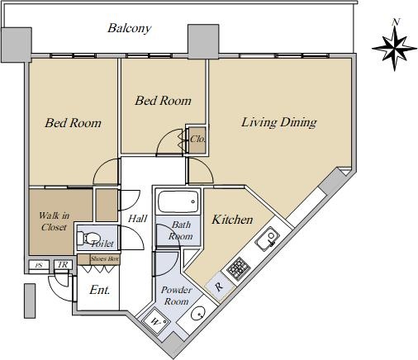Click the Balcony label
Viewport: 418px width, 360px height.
[x=130, y=28]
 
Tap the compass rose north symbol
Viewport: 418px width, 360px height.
[x=395, y=48]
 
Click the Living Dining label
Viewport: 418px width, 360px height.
[x=279, y=122]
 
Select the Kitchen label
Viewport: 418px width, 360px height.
[x=232, y=220]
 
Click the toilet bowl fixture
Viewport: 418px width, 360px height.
[x=88, y=238]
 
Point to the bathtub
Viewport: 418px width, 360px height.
[x=178, y=201]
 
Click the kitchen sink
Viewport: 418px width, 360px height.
[x=268, y=239]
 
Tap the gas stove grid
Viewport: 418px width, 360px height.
[x=239, y=268]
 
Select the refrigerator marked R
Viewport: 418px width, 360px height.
[x=220, y=287]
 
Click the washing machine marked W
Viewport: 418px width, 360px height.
[x=155, y=320]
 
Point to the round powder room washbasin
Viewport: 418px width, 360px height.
[x=197, y=313]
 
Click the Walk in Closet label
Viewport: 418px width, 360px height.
[x=54, y=221]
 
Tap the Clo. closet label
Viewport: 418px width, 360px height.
[x=197, y=139]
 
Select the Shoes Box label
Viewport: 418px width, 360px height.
[x=105, y=258]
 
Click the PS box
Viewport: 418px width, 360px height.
[x=39, y=265]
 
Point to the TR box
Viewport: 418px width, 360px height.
[x=63, y=265]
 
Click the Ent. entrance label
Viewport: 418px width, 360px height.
[x=100, y=290]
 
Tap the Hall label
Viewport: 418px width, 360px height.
[x=138, y=219]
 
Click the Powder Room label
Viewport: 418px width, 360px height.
[x=177, y=296]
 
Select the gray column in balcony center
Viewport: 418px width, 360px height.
[x=203, y=42]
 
